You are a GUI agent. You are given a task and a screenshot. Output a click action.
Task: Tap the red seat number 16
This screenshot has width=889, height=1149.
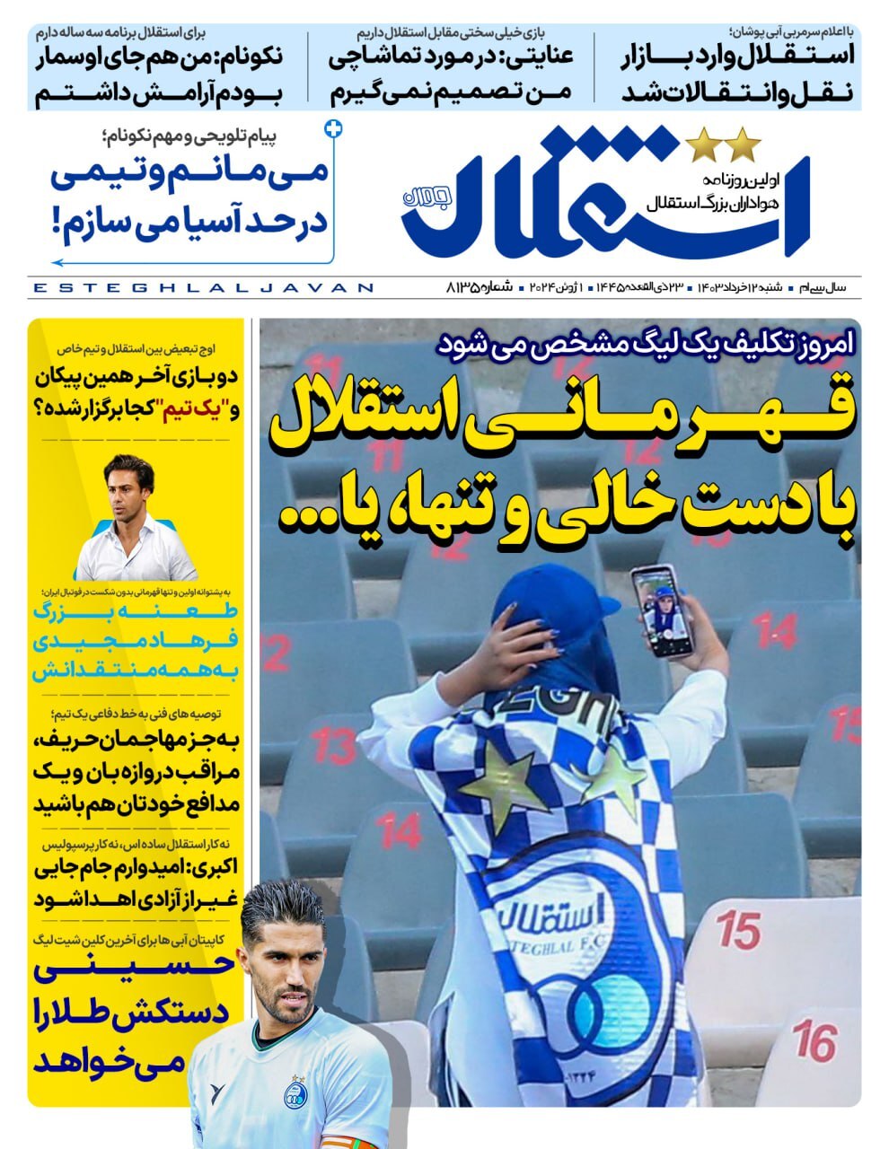pyautogui.click(x=814, y=1040)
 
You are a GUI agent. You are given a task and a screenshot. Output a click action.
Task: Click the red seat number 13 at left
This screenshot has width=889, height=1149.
pyautogui.click(x=334, y=743)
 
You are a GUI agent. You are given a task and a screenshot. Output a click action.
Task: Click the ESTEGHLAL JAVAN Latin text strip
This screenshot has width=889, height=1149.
pyautogui.click(x=202, y=288)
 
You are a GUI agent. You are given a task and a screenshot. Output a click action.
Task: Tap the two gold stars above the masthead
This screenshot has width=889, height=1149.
pyautogui.click(x=724, y=145)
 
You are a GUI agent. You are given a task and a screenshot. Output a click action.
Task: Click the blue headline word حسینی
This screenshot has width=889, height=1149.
pyautogui.click(x=135, y=969)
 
